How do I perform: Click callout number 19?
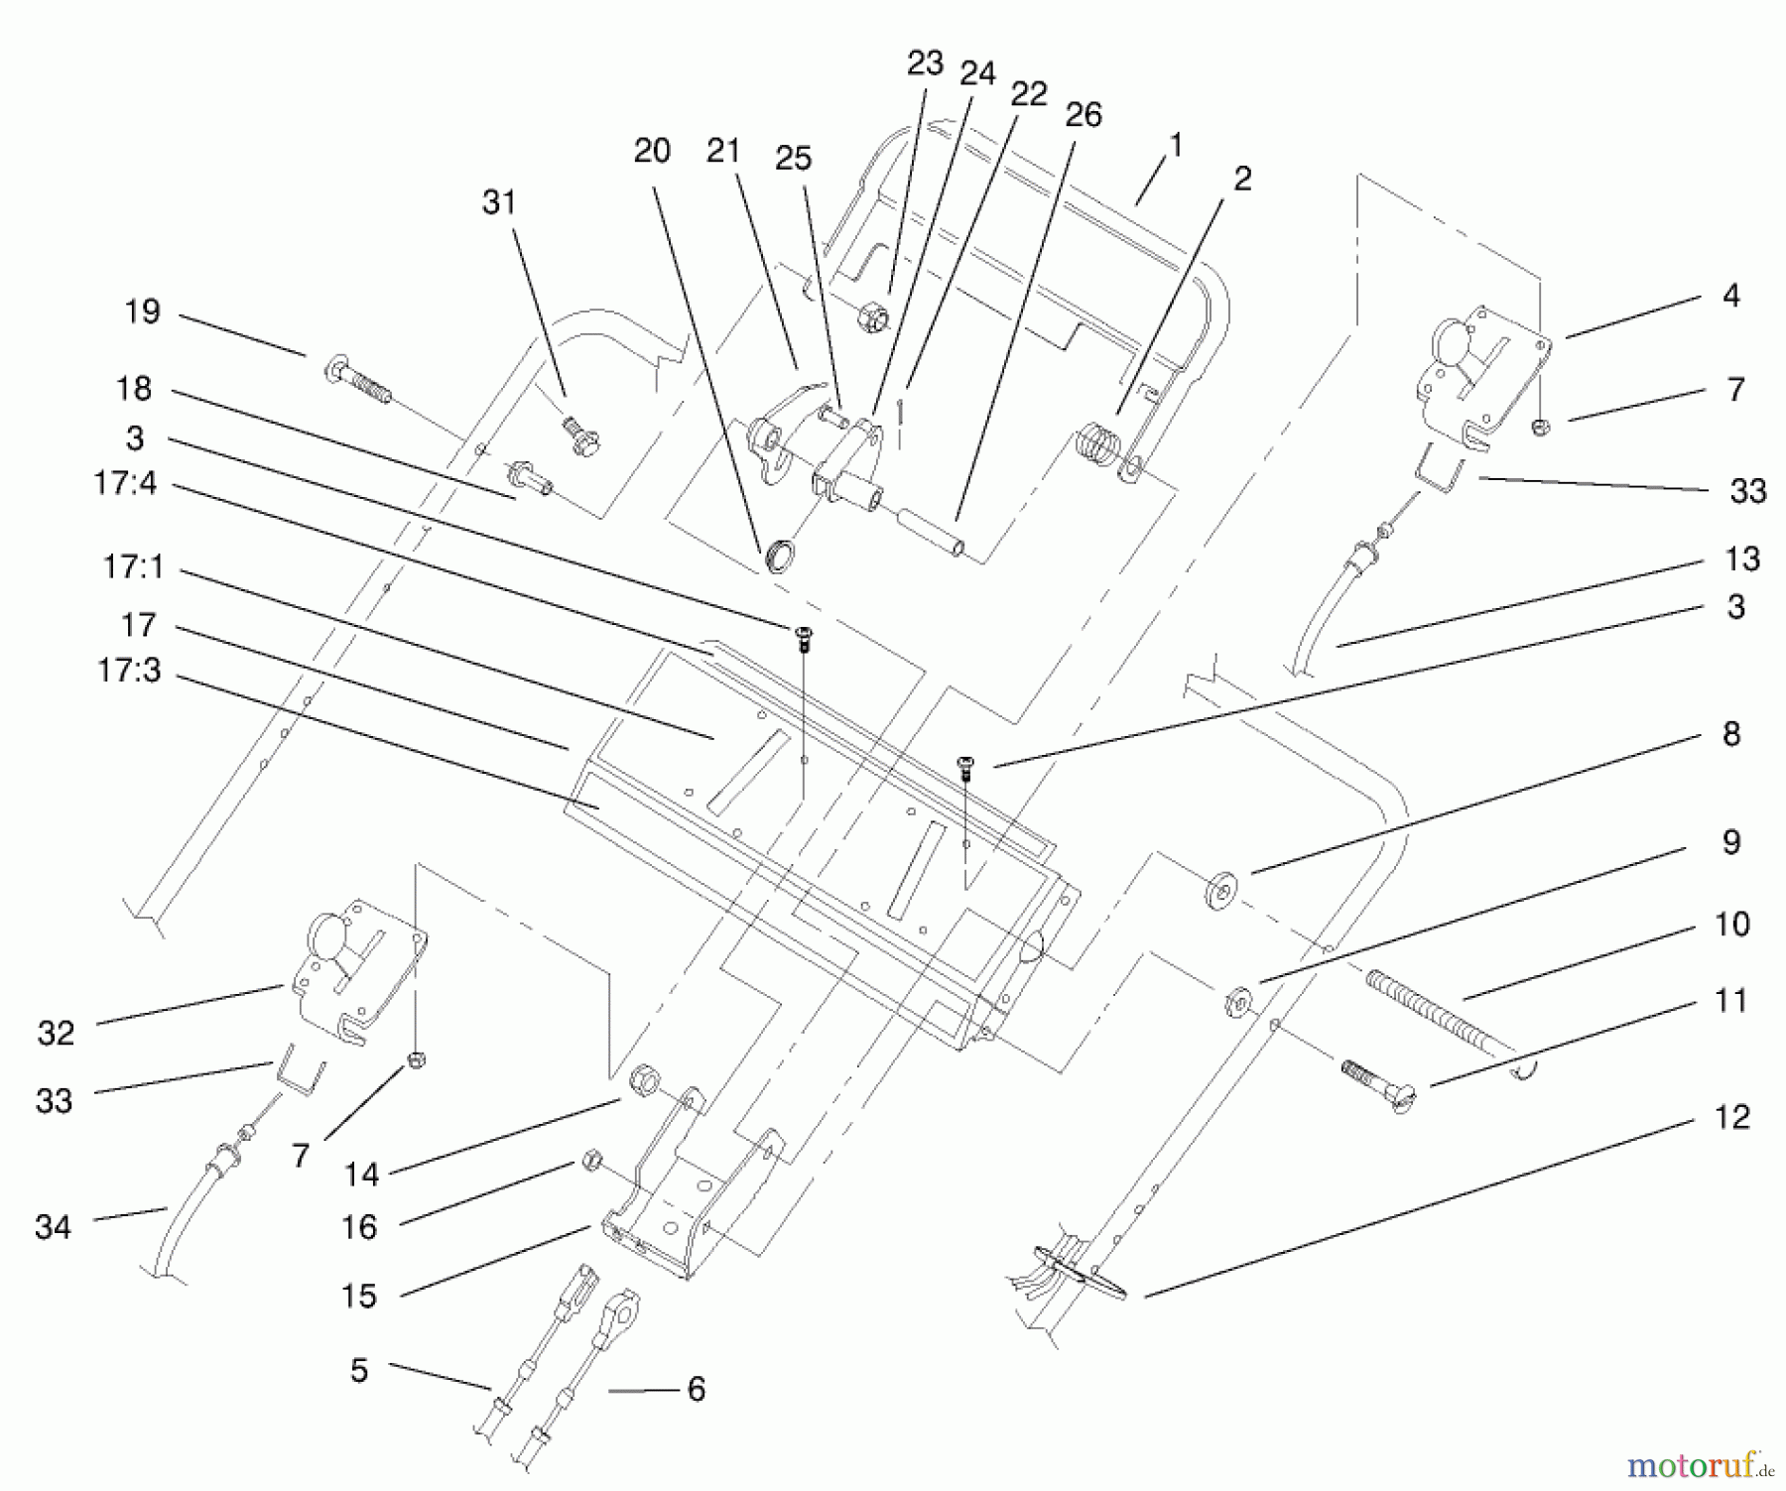click(142, 311)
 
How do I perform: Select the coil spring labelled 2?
click(1098, 443)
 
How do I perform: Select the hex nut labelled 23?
click(870, 318)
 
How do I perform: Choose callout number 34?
click(53, 1227)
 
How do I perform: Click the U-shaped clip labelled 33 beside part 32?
click(300, 1069)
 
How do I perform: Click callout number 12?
click(1731, 1117)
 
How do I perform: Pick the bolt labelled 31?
click(576, 436)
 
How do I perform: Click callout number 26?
click(1084, 115)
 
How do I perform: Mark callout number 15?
click(359, 1297)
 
